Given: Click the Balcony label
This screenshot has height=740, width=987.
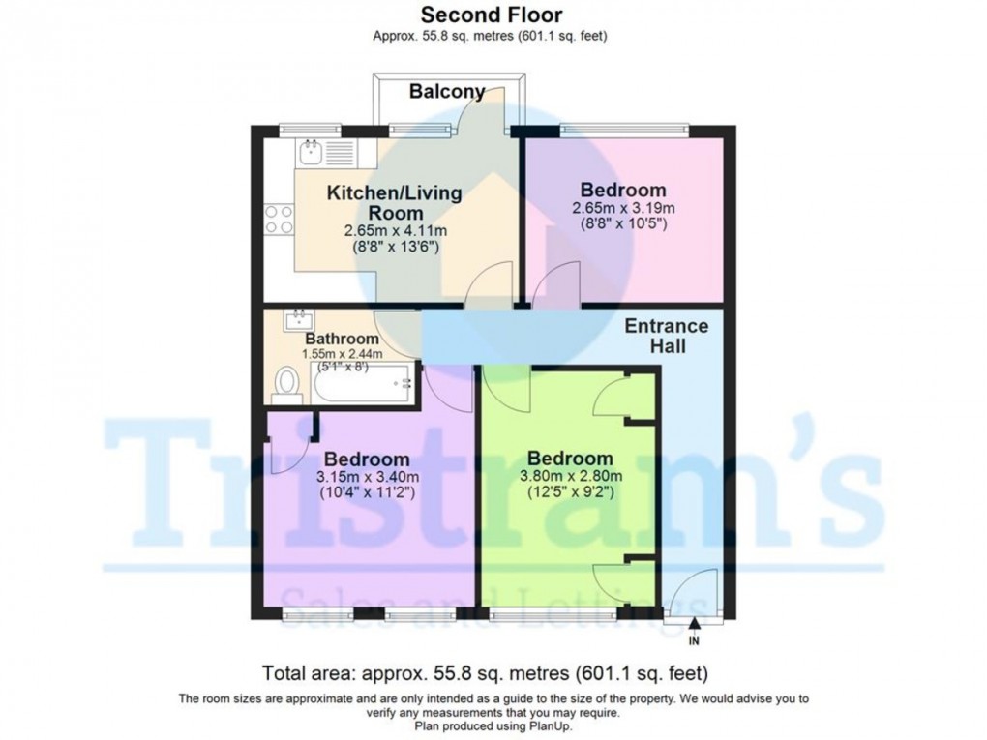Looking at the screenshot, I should click(446, 92).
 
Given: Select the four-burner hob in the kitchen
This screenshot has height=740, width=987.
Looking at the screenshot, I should click(279, 219).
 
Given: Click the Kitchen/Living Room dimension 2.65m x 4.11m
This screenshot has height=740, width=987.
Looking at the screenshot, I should click(394, 230).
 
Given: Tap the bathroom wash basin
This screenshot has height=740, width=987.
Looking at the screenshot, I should click(297, 320).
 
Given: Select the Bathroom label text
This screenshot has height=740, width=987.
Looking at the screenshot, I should click(342, 339).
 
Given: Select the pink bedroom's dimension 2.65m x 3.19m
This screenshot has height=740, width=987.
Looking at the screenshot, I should click(623, 209).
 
